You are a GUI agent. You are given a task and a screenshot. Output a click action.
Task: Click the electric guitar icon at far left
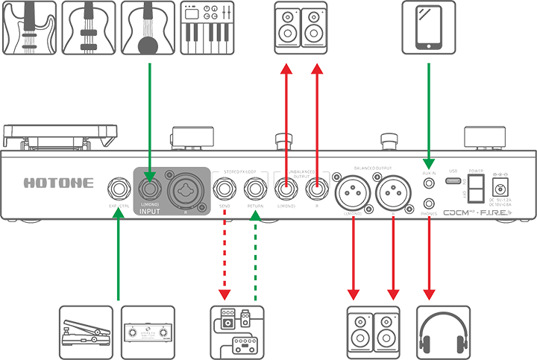pos(28,27)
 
